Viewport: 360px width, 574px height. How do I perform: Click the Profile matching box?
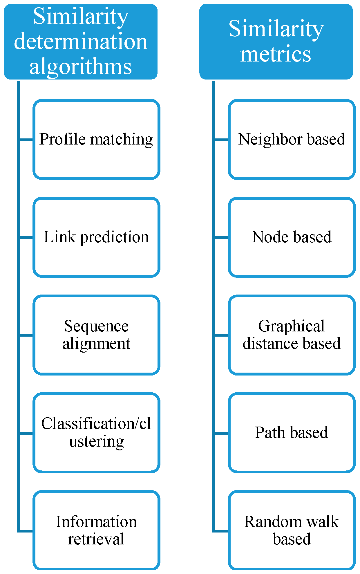96,140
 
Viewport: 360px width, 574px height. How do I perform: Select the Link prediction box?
96,237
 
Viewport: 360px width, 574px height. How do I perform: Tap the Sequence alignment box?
96,335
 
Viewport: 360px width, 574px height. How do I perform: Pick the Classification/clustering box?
96,433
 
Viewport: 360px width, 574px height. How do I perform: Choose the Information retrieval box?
96,531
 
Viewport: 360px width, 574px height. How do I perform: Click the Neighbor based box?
292,140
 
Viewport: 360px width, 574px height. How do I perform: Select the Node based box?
292,237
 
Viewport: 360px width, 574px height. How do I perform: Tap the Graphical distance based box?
292,335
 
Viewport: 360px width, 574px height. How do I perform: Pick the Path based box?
292,433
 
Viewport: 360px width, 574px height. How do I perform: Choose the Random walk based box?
292,531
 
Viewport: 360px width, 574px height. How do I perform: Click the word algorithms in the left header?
81,67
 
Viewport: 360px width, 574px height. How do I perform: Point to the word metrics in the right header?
276,54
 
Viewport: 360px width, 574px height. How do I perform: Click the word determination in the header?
81,41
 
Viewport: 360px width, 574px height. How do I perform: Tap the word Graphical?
291,326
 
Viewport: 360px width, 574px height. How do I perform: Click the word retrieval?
96,539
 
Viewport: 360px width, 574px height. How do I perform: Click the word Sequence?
96,326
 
